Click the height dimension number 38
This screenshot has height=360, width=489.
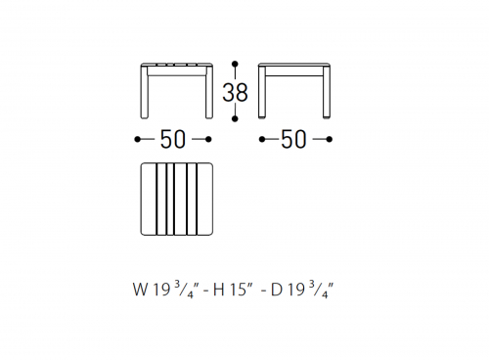pos(235,92)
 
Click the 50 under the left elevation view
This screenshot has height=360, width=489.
pos(173,139)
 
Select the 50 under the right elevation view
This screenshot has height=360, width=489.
pos(293,139)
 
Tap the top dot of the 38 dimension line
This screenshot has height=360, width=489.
pos(235,64)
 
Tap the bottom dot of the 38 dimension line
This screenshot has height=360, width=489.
pos(235,118)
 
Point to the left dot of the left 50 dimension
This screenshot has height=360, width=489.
pos(137,140)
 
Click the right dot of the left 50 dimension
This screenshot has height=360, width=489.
pos(208,140)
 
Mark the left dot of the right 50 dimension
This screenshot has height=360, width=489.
pos(262,140)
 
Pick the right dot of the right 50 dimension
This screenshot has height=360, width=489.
pos(330,140)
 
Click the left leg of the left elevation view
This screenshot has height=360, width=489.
pos(144,92)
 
